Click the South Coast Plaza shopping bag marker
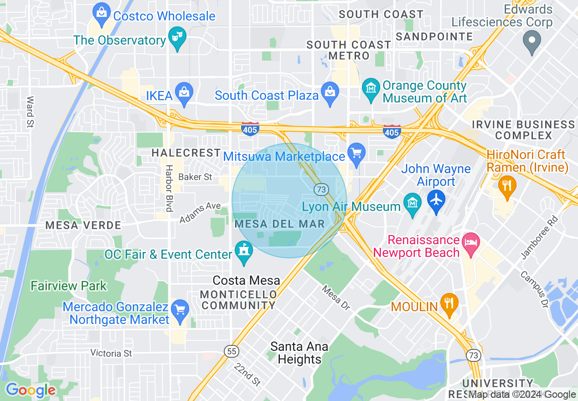point(330,94)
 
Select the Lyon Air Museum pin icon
point(413,205)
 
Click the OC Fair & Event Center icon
point(244,252)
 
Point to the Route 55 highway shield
point(231,351)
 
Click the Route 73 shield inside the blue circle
point(321,189)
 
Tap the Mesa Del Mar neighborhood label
point(279,224)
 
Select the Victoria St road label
point(111,353)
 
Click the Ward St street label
point(30,112)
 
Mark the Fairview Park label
point(69,286)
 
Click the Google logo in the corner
point(31,390)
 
